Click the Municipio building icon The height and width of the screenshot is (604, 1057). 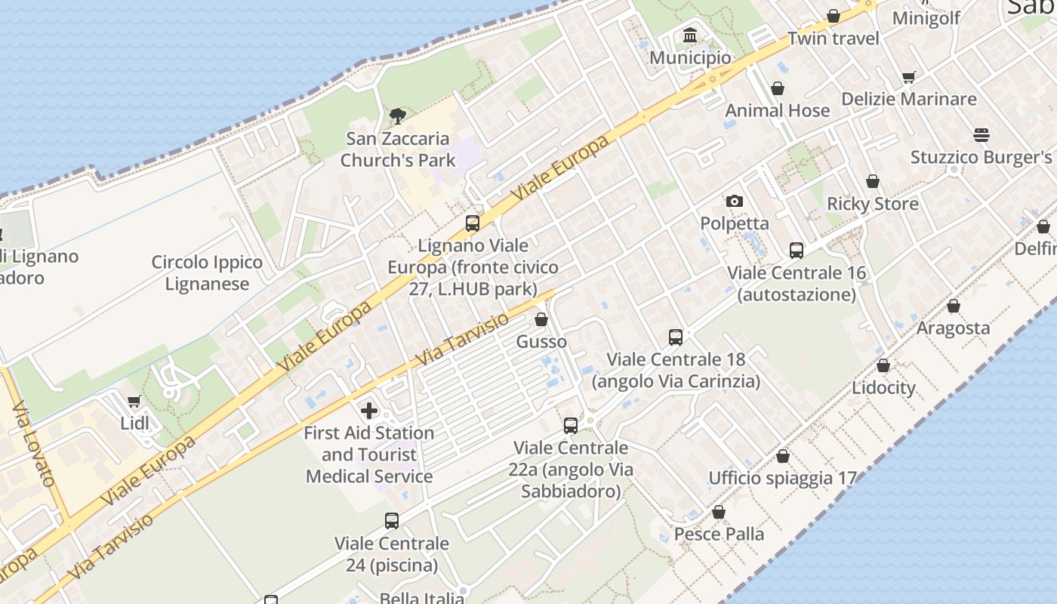[689, 35]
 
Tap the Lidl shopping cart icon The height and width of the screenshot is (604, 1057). [134, 401]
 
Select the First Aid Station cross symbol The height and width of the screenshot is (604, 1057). [369, 411]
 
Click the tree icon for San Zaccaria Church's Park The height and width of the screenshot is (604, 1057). [397, 116]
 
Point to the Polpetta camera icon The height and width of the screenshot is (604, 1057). [734, 201]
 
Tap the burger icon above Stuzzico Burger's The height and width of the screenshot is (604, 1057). [981, 135]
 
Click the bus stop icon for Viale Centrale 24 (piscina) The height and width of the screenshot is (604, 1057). [391, 520]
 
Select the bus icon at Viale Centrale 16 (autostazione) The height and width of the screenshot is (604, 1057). [796, 250]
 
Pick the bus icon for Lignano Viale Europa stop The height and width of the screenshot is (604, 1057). [473, 223]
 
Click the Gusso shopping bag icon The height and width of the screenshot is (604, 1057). [541, 319]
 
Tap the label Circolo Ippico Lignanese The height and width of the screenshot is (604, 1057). [207, 273]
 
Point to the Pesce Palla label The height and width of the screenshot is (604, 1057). [719, 534]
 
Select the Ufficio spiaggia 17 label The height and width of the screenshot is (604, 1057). [782, 478]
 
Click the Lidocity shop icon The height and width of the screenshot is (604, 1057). [883, 366]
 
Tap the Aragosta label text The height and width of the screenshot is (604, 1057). [953, 328]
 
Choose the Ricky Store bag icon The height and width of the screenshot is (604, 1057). [872, 181]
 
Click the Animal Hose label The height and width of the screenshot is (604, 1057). [777, 110]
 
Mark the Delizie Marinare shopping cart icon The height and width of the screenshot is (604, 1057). [908, 77]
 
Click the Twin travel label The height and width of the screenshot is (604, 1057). [834, 39]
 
